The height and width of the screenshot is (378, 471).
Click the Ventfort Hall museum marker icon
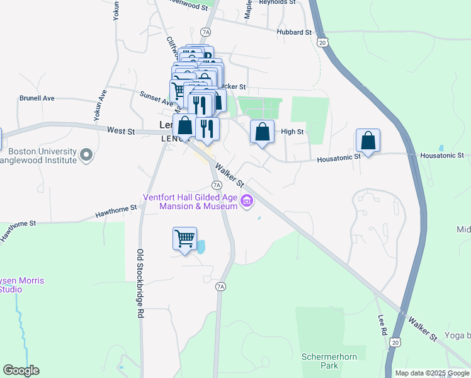click(247, 202)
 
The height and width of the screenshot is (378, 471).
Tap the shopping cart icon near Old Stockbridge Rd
click(184, 239)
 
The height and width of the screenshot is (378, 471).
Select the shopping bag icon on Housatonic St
click(368, 140)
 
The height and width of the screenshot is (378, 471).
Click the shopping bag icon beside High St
click(263, 132)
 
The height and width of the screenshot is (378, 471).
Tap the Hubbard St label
click(294, 32)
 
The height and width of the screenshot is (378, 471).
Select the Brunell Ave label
click(37, 98)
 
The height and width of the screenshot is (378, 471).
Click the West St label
click(121, 131)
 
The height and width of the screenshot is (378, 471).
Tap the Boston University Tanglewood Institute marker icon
click(87, 154)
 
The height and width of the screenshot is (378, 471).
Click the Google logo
click(21, 370)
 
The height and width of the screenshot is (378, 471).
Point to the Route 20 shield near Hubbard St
click(322, 42)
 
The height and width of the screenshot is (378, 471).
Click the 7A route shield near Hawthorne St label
click(217, 185)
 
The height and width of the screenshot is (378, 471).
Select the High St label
click(292, 132)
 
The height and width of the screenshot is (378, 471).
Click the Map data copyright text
click(431, 373)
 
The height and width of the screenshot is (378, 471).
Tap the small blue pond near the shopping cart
click(201, 246)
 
